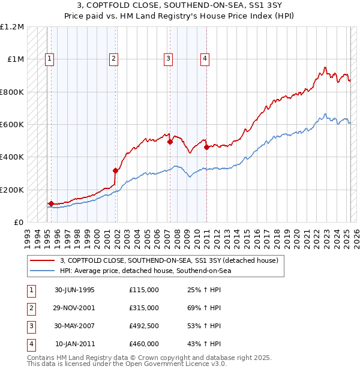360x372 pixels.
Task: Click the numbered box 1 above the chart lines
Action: tap(49, 59)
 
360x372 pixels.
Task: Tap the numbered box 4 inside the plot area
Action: tap(205, 59)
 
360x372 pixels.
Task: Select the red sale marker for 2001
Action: tap(115, 170)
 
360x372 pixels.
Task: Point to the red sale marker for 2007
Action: tap(170, 142)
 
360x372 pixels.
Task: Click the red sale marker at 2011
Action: tap(206, 147)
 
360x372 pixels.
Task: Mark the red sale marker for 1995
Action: tap(52, 203)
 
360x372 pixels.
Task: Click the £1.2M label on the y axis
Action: tap(12, 27)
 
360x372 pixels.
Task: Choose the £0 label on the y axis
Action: tap(18, 222)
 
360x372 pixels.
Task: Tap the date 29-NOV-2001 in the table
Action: tap(74, 308)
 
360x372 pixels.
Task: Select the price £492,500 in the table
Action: tap(144, 326)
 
